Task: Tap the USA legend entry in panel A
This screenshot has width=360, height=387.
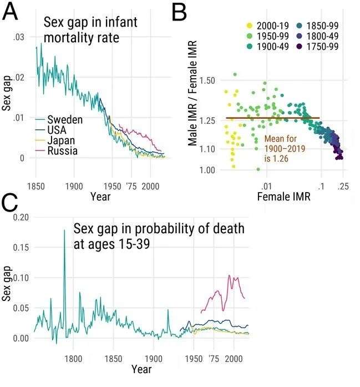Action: (x=57, y=130)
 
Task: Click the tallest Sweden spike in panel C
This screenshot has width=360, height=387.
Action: (x=64, y=247)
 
